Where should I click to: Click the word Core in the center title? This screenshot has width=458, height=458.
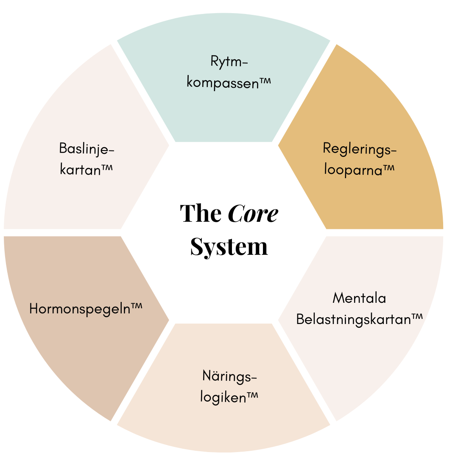253,214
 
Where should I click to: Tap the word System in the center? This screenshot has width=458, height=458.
229,246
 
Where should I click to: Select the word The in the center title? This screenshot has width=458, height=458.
201,214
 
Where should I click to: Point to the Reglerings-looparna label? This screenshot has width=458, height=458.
360,159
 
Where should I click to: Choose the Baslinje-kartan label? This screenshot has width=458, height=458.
87,159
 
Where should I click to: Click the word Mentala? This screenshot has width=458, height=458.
359,298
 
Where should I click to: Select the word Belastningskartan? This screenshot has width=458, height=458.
353,319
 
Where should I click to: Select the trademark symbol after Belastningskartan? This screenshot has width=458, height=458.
417,317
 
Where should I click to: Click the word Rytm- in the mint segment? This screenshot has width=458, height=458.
229,62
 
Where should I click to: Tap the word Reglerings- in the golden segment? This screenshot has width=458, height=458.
360,149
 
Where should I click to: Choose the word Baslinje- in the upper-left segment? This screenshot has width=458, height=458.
87,149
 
